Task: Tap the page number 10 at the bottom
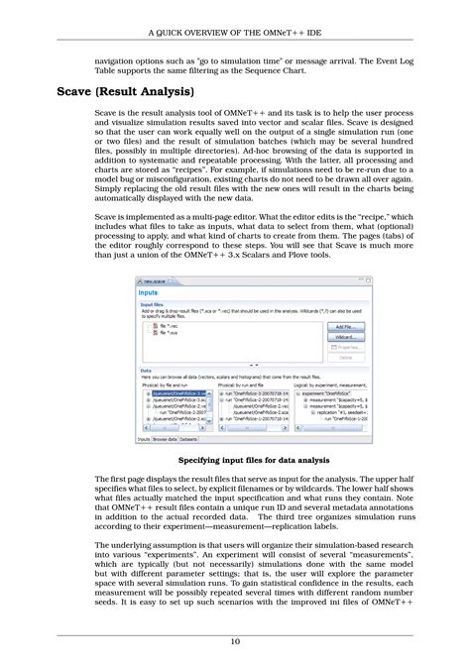point(235,642)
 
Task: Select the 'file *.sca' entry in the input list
point(166,333)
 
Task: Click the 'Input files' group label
point(153,305)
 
